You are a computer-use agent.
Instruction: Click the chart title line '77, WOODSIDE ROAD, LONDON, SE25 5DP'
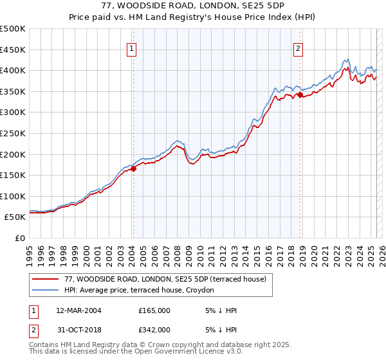pyautogui.click(x=192, y=6)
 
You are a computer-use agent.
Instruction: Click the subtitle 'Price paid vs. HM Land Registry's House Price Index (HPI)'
pyautogui.click(x=192, y=17)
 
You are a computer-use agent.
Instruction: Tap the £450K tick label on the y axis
pyautogui.click(x=13, y=50)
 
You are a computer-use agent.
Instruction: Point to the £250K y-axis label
pyautogui.click(x=13, y=133)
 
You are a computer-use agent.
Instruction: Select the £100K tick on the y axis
pyautogui.click(x=13, y=196)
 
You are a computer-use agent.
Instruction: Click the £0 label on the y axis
pyautogui.click(x=21, y=238)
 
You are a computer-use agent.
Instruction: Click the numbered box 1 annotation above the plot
pyautogui.click(x=131, y=48)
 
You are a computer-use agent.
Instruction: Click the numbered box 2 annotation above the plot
pyautogui.click(x=299, y=48)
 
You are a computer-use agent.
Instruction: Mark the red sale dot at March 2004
pyautogui.click(x=134, y=169)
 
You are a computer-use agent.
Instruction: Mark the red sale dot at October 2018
pyautogui.click(x=300, y=95)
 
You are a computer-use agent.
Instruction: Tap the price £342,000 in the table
pyautogui.click(x=154, y=330)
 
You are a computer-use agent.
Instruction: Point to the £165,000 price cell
pyautogui.click(x=154, y=310)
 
